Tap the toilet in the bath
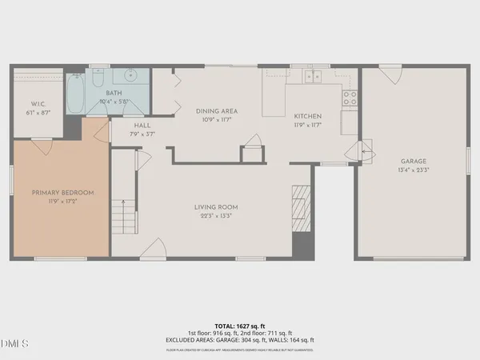96,80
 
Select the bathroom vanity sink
129,77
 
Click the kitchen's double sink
310,76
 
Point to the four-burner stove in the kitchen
350,98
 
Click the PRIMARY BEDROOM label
63,193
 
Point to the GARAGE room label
414,161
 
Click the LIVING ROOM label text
216,207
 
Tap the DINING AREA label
217,111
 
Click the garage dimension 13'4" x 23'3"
414,170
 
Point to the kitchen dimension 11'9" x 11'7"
307,125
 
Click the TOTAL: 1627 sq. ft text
240,326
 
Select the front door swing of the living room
158,248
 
